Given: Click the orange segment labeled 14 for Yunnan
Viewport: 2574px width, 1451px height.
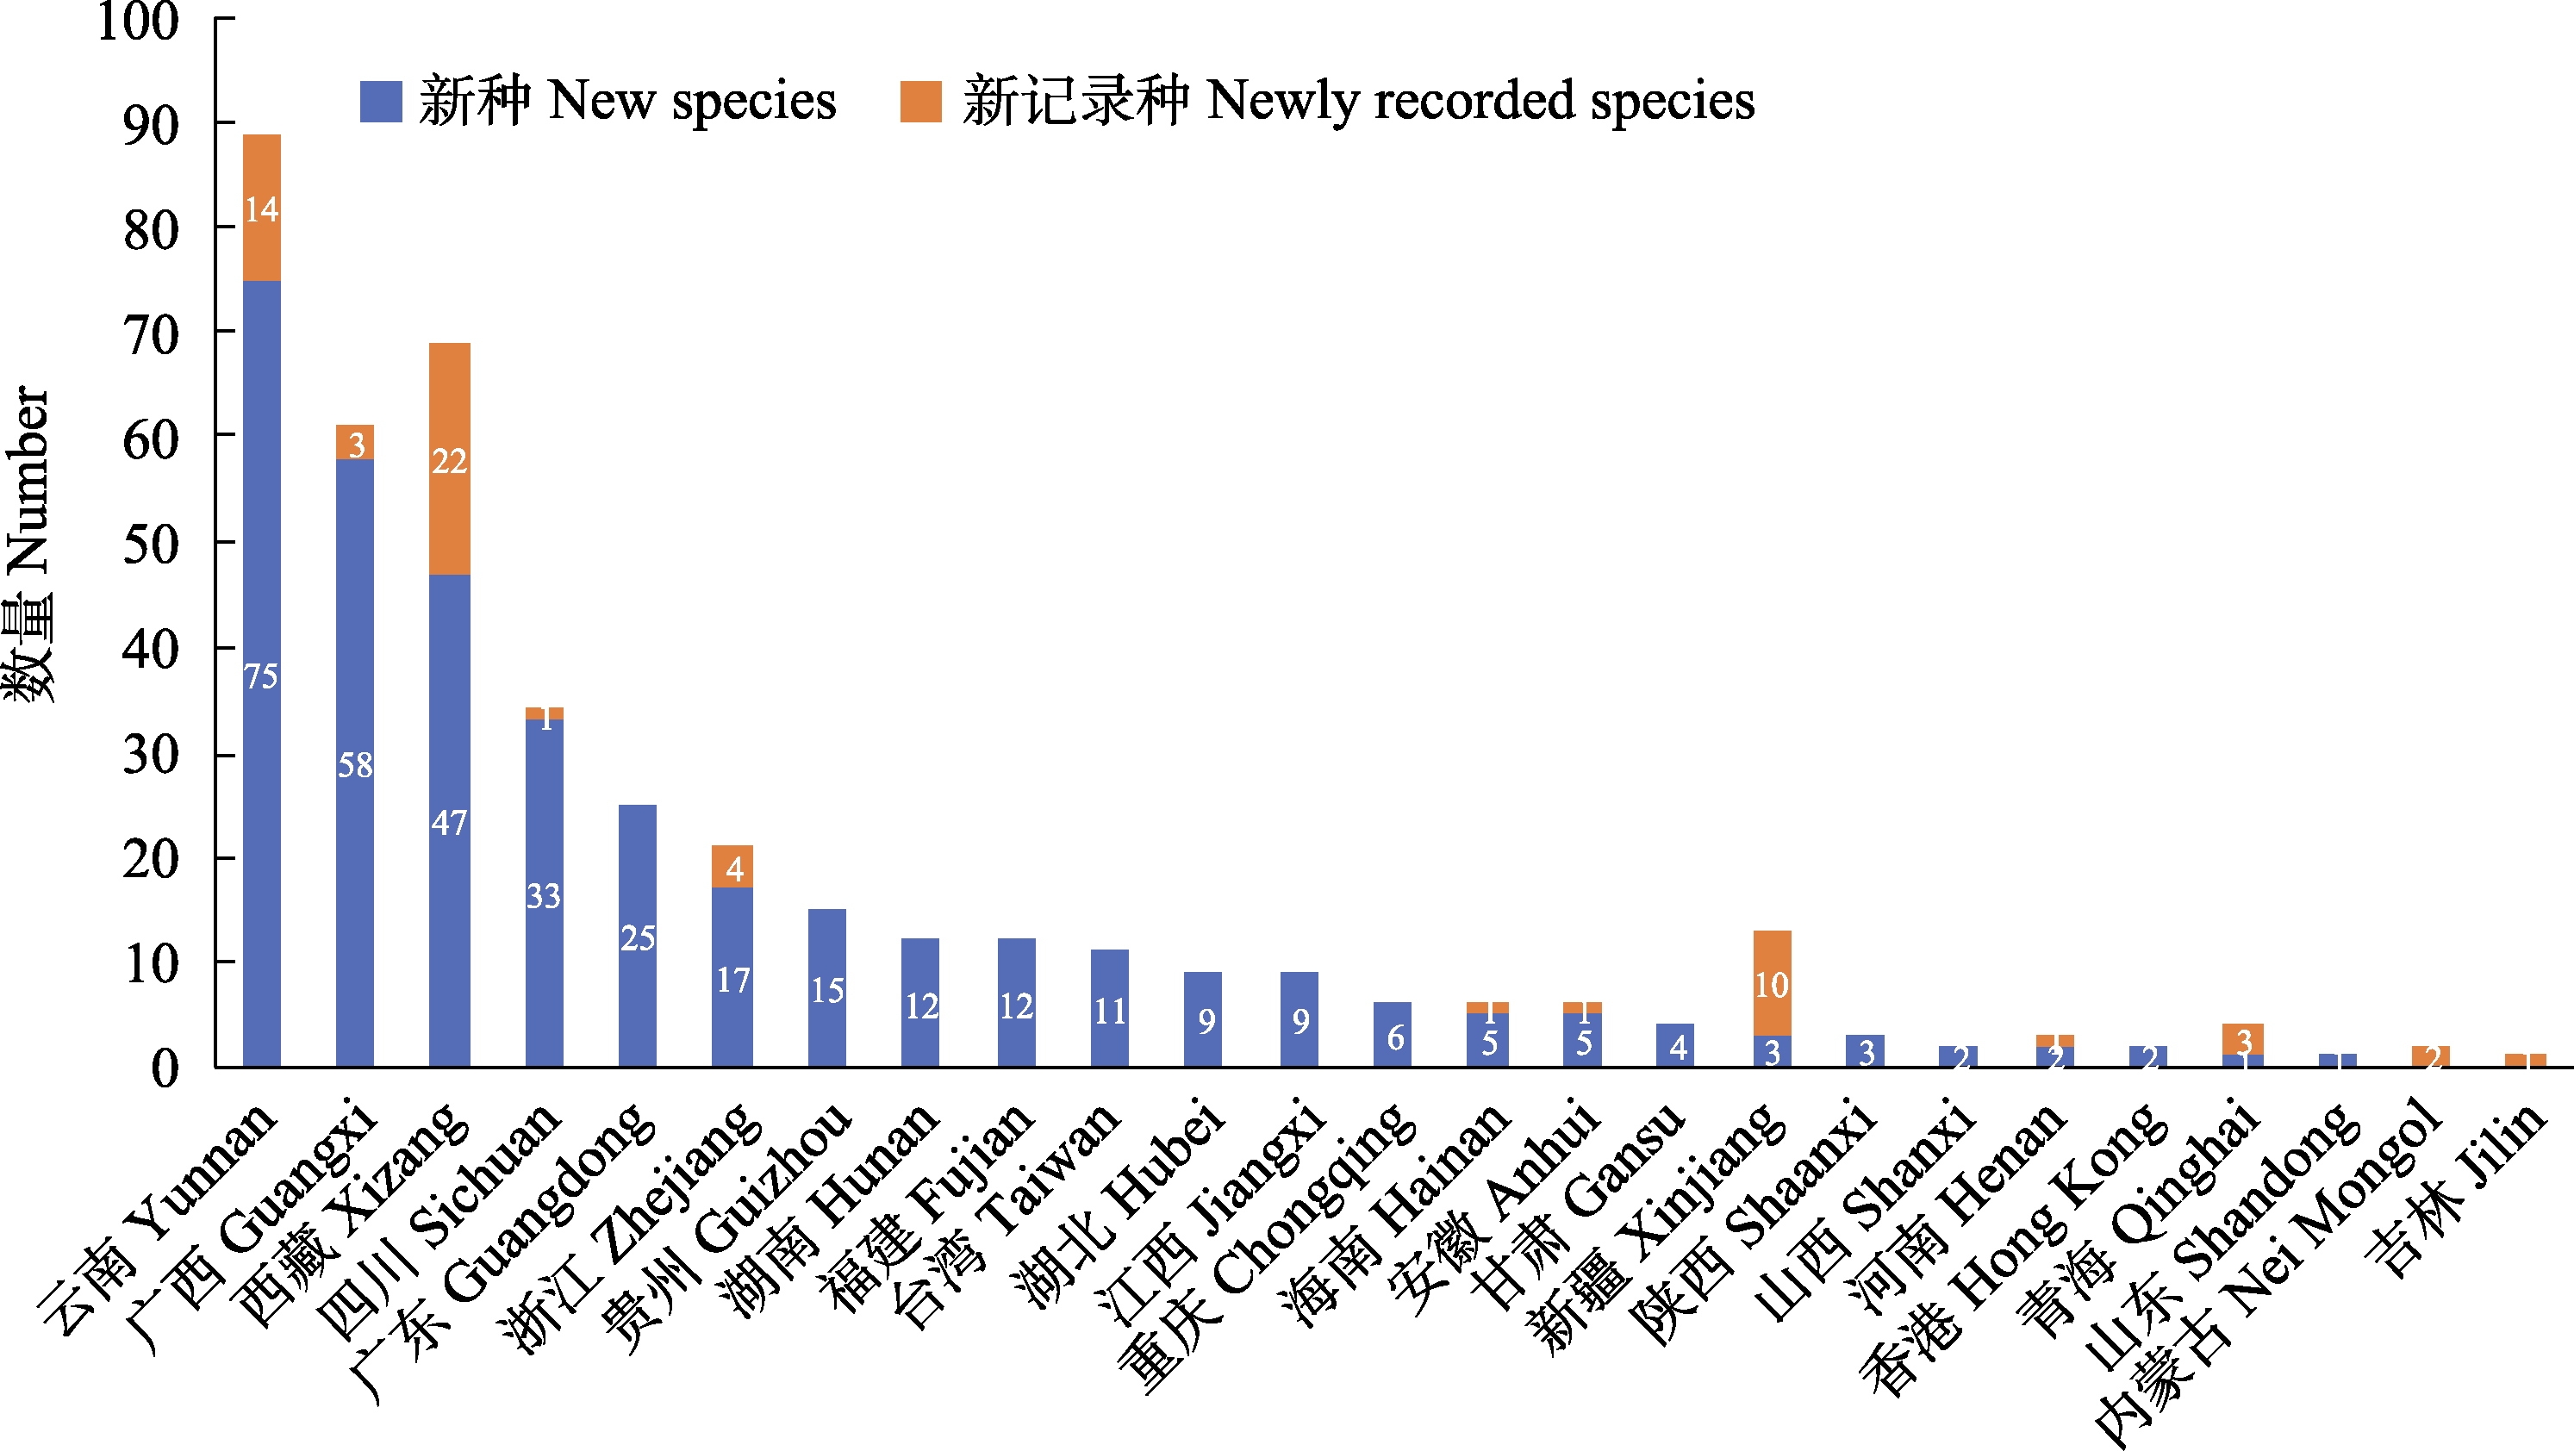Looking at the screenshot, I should (x=262, y=208).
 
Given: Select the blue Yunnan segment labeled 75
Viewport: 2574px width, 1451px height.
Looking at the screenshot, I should (x=262, y=675).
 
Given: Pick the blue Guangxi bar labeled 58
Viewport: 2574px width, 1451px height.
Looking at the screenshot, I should (x=355, y=763).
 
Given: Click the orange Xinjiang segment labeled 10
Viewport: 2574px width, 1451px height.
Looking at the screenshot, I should (x=1772, y=984).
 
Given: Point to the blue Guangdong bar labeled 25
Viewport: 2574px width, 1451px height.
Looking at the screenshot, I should (x=638, y=937).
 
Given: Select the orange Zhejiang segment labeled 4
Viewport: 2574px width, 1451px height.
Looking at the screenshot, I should (x=732, y=868).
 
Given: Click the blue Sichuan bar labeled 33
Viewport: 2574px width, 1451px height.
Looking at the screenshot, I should (x=544, y=894).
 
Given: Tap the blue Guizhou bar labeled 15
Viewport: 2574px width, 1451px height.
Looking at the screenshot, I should (x=827, y=988).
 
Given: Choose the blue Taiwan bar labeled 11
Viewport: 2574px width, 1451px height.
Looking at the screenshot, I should (x=1109, y=1009).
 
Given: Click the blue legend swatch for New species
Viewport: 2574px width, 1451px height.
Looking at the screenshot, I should (x=381, y=102).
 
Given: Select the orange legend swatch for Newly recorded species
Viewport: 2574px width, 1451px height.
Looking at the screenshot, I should (x=920, y=102).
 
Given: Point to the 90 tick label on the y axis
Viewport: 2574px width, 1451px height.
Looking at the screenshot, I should (x=151, y=126).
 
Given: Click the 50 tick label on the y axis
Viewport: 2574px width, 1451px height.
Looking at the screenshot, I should (x=151, y=545).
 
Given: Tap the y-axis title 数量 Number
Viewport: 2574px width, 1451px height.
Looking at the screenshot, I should (x=28, y=545).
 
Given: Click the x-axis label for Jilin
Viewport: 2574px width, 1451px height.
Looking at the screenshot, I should (x=2458, y=1189).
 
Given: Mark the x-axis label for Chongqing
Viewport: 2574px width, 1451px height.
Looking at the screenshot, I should (x=1269, y=1249).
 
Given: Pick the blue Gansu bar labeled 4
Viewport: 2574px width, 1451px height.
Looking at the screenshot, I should (x=1676, y=1045).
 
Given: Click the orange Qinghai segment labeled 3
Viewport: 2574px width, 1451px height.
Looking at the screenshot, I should (x=2243, y=1039).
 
